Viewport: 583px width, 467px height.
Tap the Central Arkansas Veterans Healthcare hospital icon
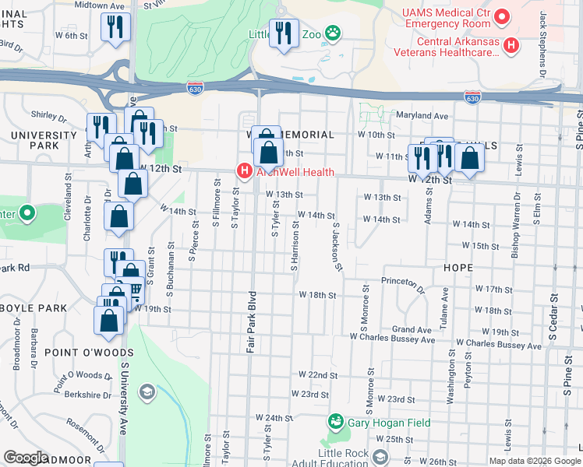coord(511,46)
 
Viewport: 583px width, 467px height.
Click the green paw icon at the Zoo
coord(334,33)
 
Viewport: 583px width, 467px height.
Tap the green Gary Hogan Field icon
coord(336,422)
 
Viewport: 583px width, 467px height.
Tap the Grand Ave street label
coord(412,329)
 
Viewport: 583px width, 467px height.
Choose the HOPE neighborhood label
coord(458,268)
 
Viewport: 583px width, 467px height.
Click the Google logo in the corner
coord(26,458)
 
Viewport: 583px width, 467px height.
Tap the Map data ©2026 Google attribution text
coord(534,461)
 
